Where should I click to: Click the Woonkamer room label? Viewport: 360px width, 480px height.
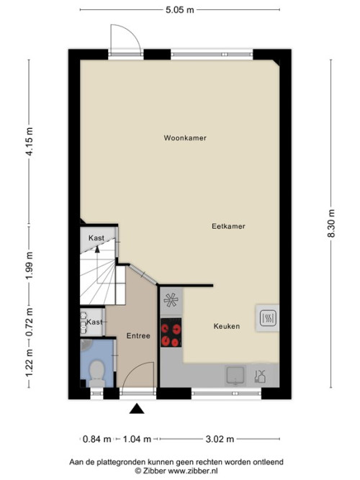(185, 137)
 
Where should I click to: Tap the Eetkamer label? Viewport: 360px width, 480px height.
(228, 226)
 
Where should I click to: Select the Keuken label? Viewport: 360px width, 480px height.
(227, 326)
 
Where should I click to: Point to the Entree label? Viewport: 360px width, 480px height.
(138, 336)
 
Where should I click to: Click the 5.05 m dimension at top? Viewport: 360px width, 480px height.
(180, 10)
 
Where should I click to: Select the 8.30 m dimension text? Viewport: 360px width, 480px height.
(331, 223)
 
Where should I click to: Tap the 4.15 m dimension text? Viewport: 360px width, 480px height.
(30, 142)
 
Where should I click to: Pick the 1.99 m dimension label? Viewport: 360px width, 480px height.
(30, 266)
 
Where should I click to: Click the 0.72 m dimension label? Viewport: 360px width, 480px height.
(30, 322)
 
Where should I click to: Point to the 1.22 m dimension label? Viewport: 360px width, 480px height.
(30, 363)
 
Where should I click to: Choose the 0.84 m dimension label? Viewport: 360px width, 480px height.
(96, 439)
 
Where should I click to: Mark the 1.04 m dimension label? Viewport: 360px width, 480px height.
(137, 439)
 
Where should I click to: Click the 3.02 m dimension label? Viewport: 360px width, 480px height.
(220, 439)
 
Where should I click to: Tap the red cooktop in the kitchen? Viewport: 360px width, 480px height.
(171, 332)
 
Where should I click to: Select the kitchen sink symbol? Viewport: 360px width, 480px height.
(235, 375)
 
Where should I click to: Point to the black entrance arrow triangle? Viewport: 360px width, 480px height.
(137, 409)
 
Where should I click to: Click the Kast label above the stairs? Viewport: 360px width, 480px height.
(96, 238)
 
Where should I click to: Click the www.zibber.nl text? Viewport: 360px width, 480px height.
(193, 471)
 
